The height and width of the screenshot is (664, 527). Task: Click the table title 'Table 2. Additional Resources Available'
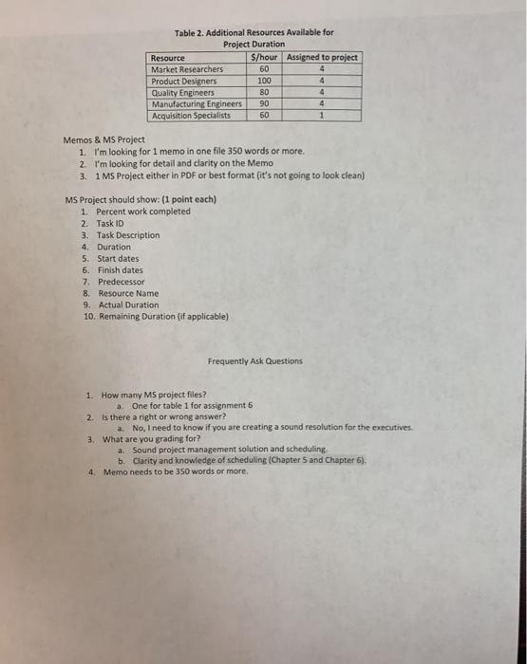pyautogui.click(x=254, y=33)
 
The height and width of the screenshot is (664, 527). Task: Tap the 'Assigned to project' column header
pyautogui.click(x=323, y=58)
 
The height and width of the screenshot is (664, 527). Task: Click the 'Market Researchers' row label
pyautogui.click(x=187, y=69)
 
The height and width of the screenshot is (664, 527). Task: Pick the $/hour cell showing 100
pyautogui.click(x=264, y=82)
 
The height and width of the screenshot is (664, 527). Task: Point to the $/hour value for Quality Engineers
pyautogui.click(x=264, y=93)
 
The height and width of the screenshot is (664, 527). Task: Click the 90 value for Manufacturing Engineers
pyautogui.click(x=264, y=104)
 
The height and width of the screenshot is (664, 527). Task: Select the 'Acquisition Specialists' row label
pyautogui.click(x=192, y=116)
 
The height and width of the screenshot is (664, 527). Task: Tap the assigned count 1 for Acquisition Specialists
pyautogui.click(x=323, y=116)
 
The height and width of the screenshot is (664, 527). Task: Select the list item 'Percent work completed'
pyautogui.click(x=142, y=212)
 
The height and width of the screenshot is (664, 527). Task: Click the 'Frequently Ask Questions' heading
pyautogui.click(x=255, y=360)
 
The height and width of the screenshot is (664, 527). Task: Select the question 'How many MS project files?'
pyautogui.click(x=153, y=395)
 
